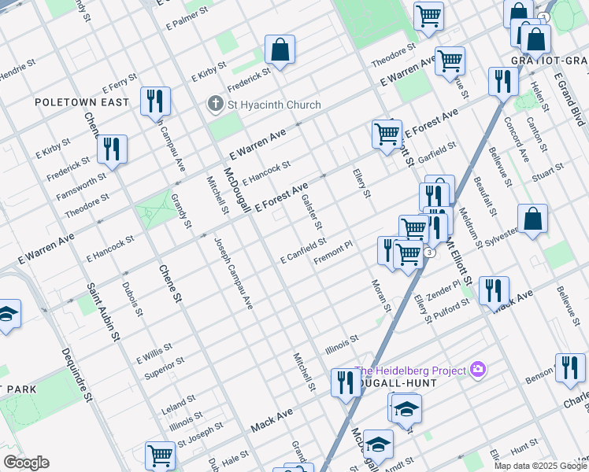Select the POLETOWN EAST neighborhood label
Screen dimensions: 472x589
pos(81,102)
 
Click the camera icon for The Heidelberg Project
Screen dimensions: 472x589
pos(477,369)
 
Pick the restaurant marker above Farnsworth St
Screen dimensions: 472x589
pos(112,149)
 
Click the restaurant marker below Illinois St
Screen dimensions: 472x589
pos(345,383)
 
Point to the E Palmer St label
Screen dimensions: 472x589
pos(187,9)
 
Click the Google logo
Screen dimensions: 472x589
pos(27,463)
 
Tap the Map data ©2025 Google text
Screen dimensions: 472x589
pos(540,466)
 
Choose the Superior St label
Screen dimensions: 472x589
pos(164,367)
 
